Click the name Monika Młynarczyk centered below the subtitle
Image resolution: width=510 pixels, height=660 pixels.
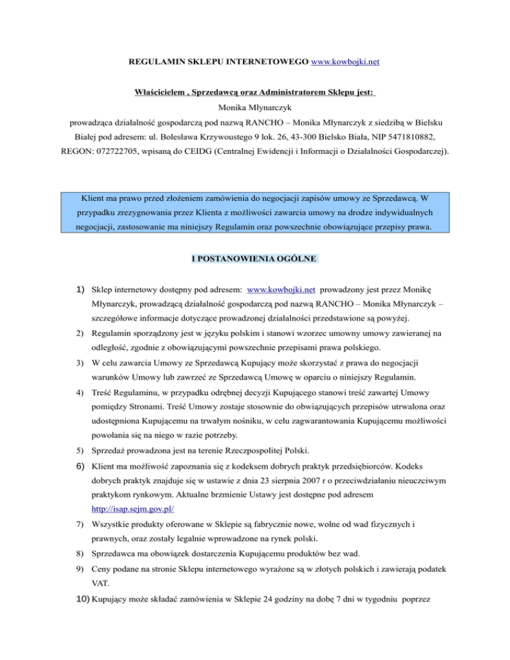tap(255, 106)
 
